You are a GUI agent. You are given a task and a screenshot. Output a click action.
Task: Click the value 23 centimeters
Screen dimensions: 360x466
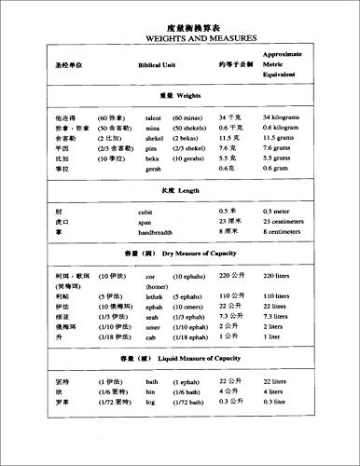[x=321, y=222]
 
